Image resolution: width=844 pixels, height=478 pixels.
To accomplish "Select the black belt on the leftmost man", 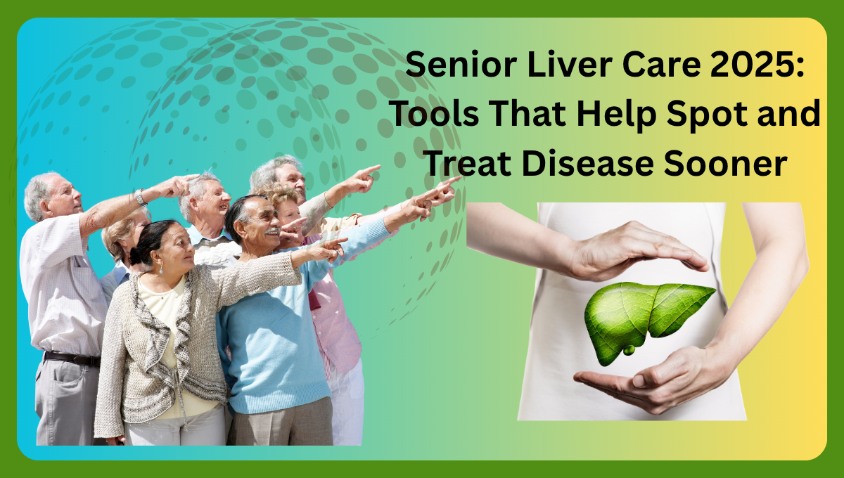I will (x=70, y=358).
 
